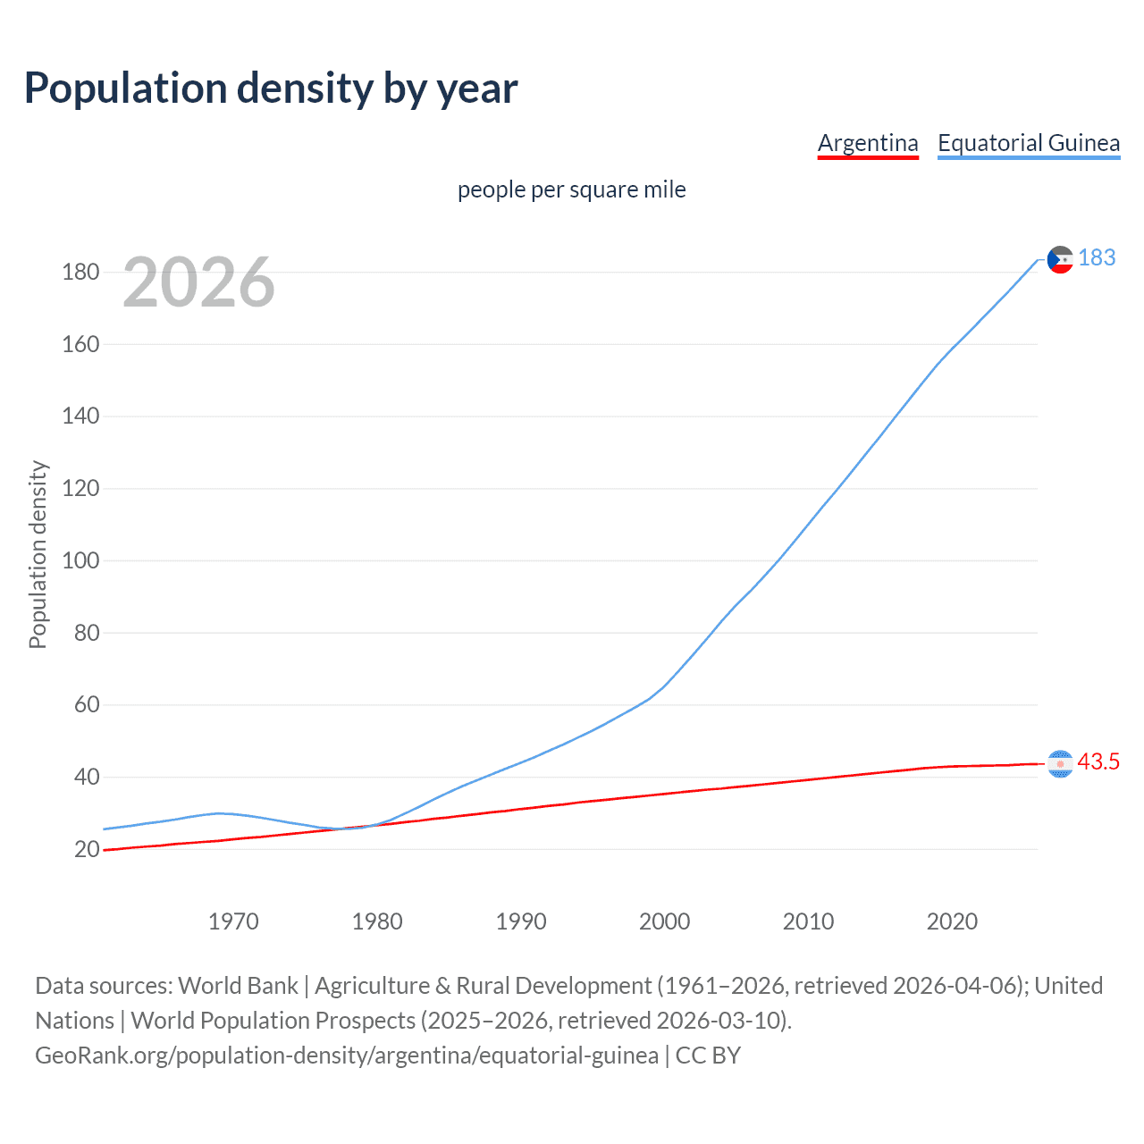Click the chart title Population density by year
(x=271, y=88)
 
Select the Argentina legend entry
(x=868, y=143)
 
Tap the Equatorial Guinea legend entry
(x=1028, y=143)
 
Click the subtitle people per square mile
(x=571, y=189)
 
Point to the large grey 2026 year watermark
(x=198, y=282)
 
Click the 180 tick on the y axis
(x=80, y=272)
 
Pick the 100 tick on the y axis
(x=80, y=560)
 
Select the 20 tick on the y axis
(x=87, y=849)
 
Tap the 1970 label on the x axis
(x=233, y=921)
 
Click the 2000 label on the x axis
(x=664, y=921)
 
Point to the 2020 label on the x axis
(x=952, y=921)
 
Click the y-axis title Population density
(x=38, y=554)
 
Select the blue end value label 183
(x=1097, y=257)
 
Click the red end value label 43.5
(x=1098, y=761)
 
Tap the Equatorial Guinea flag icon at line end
(x=1060, y=259)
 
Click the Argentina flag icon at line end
(x=1060, y=764)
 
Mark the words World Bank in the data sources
(x=238, y=985)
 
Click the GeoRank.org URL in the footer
(x=347, y=1055)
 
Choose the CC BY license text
(x=708, y=1055)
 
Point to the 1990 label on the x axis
(x=521, y=921)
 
